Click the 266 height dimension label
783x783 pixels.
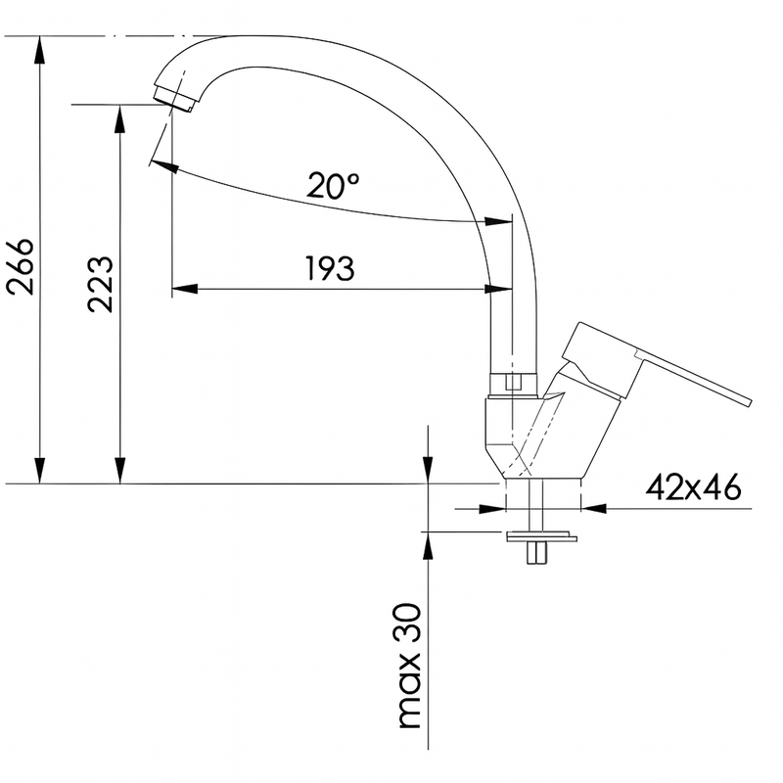pyautogui.click(x=20, y=266)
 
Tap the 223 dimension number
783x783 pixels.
pyautogui.click(x=101, y=285)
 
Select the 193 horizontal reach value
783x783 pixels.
pyautogui.click(x=330, y=268)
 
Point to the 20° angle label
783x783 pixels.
pyautogui.click(x=332, y=186)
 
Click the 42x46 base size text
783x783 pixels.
pyautogui.click(x=693, y=486)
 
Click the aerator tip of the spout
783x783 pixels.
pyautogui.click(x=174, y=100)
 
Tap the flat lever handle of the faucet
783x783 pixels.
pyautogui.click(x=657, y=363)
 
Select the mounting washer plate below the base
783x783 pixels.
pyautogui.click(x=542, y=536)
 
